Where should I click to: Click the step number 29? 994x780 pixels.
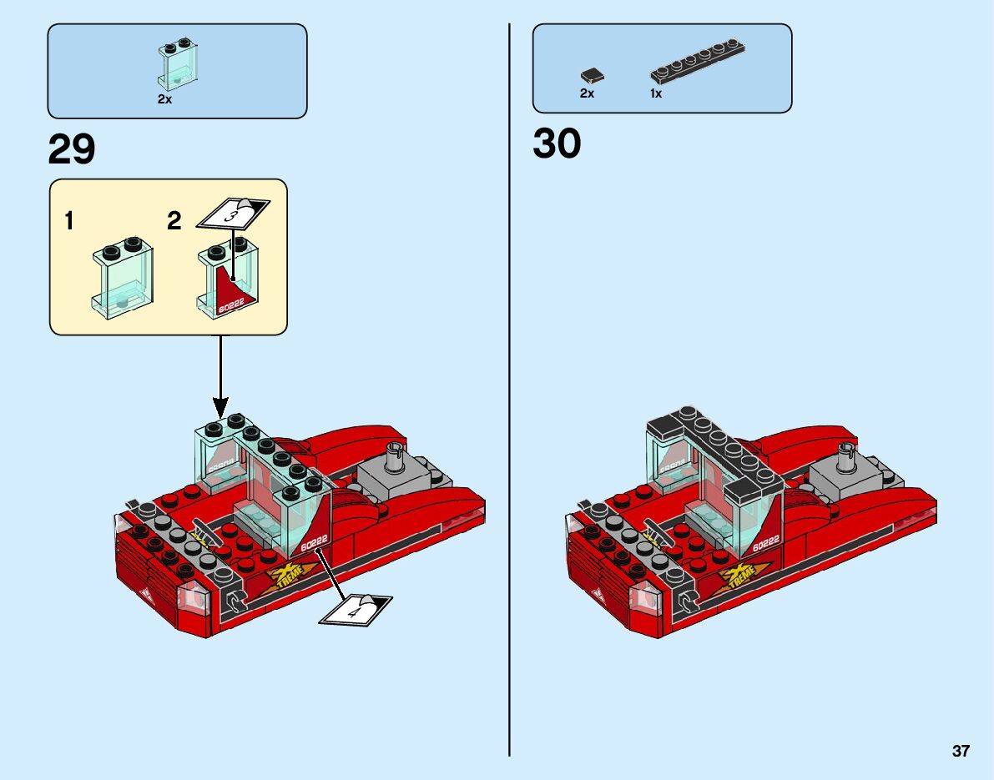[x=72, y=150]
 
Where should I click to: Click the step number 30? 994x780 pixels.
[x=557, y=143]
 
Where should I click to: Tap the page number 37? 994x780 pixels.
[x=961, y=751]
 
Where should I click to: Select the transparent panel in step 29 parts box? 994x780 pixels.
[x=176, y=64]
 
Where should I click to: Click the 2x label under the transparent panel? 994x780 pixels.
[x=164, y=98]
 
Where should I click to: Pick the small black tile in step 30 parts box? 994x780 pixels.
[x=592, y=76]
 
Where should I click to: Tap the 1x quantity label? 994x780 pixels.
[x=656, y=93]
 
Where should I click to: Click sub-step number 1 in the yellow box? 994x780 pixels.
[x=69, y=221]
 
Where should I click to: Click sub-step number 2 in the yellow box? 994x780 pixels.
[x=174, y=221]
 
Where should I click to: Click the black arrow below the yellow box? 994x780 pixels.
[x=221, y=375]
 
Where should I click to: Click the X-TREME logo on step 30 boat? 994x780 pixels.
[x=739, y=576]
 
